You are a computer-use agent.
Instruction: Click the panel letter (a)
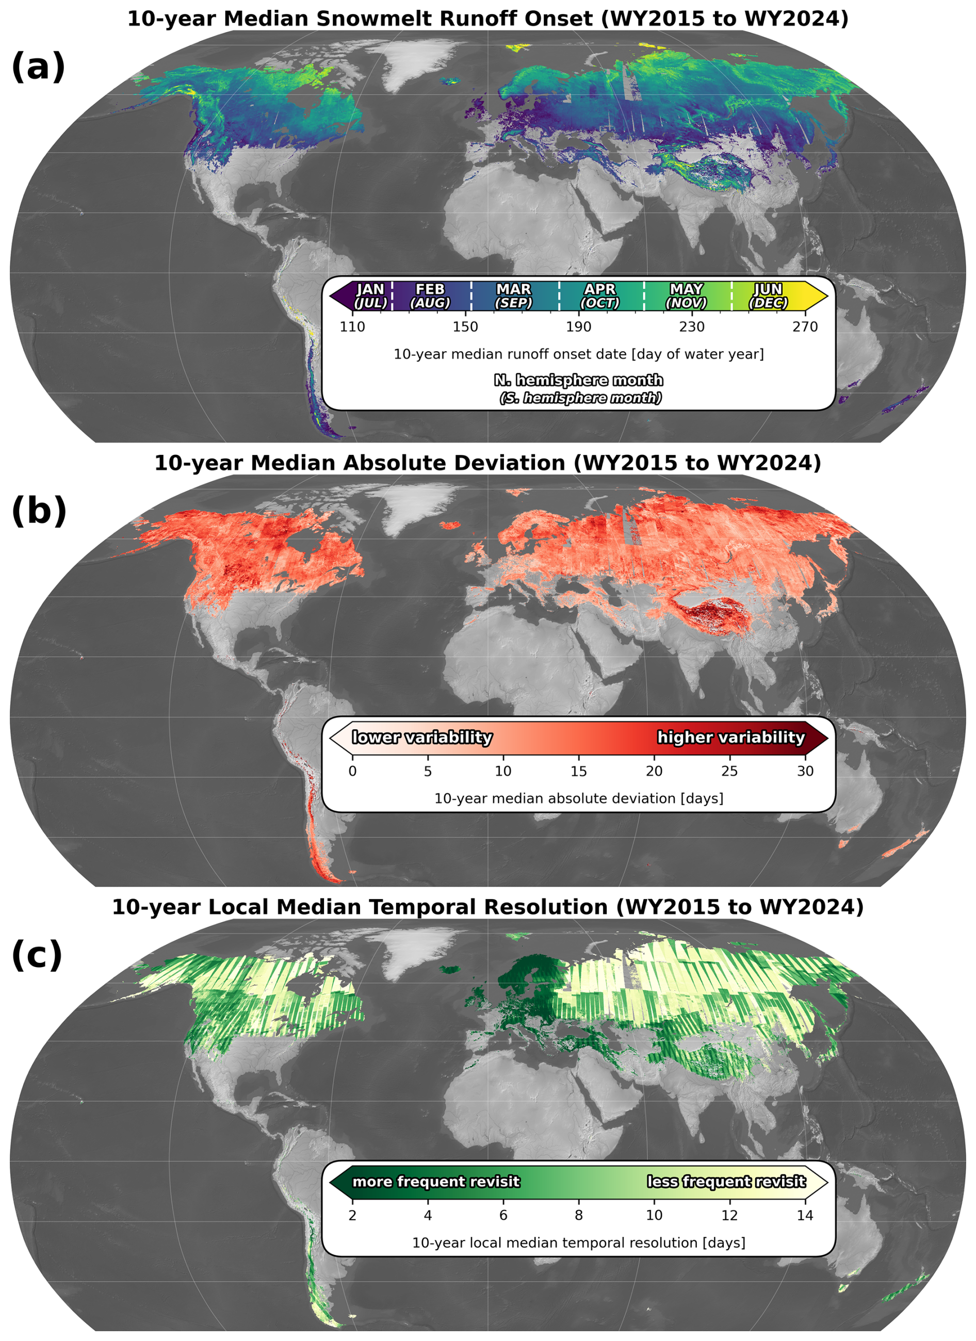pyautogui.click(x=38, y=66)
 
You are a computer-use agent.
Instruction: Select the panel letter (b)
pyautogui.click(x=39, y=510)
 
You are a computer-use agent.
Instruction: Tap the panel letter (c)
pyautogui.click(x=37, y=955)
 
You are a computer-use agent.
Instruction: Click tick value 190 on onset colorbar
pyautogui.click(x=578, y=327)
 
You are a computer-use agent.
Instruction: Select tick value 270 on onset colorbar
pyautogui.click(x=805, y=327)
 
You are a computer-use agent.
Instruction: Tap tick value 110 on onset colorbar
pyautogui.click(x=352, y=327)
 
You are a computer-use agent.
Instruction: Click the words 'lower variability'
pyautogui.click(x=422, y=738)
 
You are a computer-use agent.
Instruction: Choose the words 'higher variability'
pyautogui.click(x=731, y=738)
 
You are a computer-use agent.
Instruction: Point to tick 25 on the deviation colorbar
pyautogui.click(x=729, y=771)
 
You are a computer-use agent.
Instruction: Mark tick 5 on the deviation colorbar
pyautogui.click(x=428, y=771)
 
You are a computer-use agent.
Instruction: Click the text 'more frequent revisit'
pyautogui.click(x=436, y=1181)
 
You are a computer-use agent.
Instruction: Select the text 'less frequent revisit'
pyautogui.click(x=726, y=1181)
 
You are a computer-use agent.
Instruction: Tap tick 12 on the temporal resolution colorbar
pyautogui.click(x=729, y=1215)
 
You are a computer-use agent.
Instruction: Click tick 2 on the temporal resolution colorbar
pyautogui.click(x=352, y=1215)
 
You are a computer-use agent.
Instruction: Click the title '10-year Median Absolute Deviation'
pyautogui.click(x=362, y=462)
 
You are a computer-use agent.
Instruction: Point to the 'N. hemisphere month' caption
pyautogui.click(x=578, y=380)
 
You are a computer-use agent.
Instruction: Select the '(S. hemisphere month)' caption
pyautogui.click(x=580, y=398)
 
